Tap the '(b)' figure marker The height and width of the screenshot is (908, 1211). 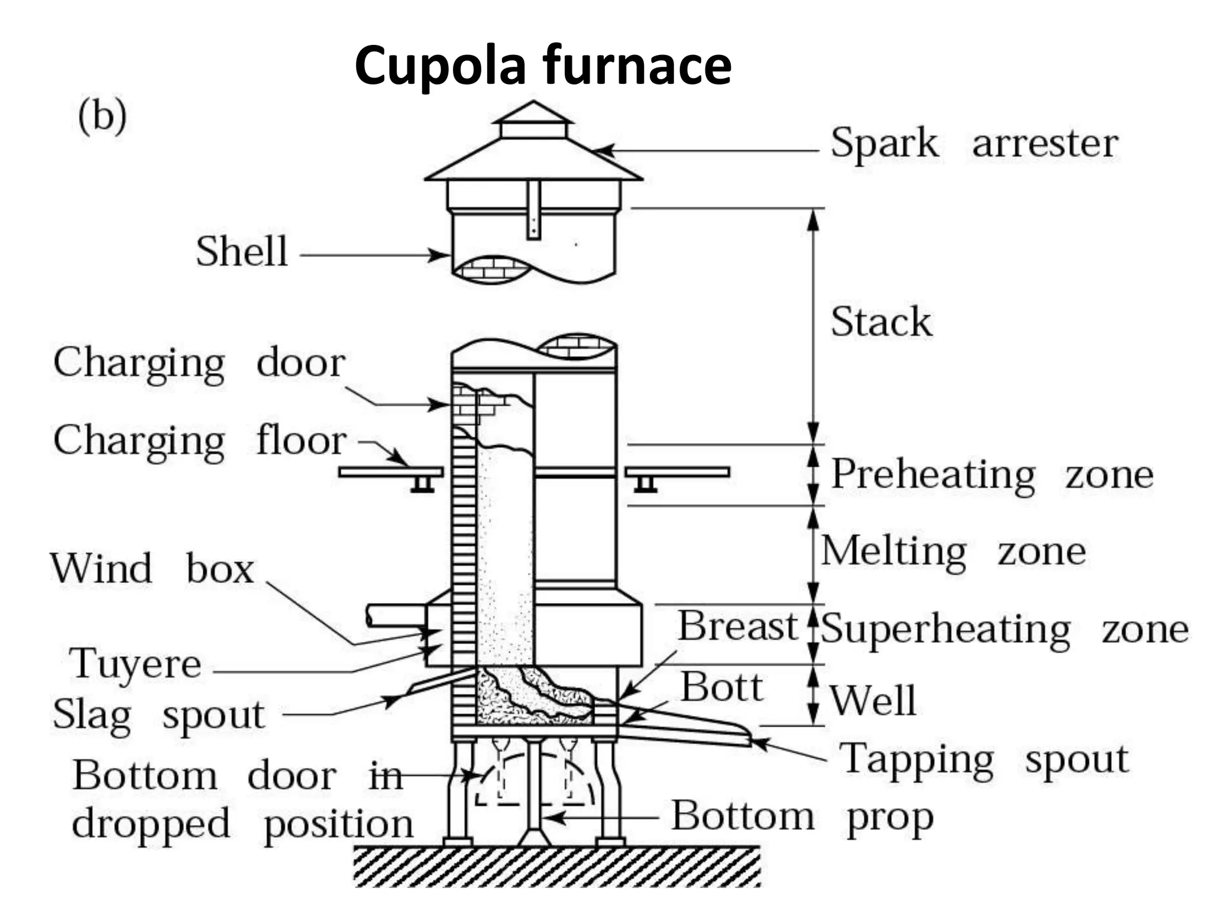point(102,116)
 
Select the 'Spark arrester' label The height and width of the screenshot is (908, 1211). point(974,143)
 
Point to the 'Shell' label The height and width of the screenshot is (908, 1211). point(242,252)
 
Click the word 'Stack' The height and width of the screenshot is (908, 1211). point(881,322)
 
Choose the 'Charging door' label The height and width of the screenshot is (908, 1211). point(199,362)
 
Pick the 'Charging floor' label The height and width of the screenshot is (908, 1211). point(199,441)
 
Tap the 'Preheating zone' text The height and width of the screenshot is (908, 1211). point(992,475)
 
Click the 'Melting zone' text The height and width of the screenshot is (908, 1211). point(953,552)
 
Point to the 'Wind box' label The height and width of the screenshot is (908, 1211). point(152,569)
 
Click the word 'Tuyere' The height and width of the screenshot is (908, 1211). point(135,664)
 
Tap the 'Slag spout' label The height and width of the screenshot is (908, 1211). point(158,715)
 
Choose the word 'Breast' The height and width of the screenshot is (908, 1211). point(737,625)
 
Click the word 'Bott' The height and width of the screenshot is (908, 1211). point(721,687)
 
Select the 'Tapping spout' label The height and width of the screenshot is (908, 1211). point(984,760)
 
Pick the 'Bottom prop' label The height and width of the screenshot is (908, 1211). point(802,818)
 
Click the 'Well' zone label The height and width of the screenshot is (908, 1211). point(872,701)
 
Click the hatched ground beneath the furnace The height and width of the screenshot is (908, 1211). point(556,867)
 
